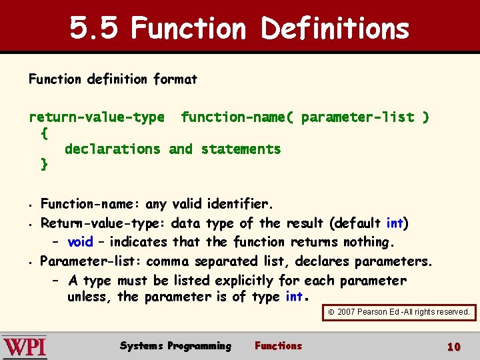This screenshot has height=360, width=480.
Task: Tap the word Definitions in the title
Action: (x=335, y=28)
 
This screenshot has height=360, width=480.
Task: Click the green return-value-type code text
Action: (x=96, y=117)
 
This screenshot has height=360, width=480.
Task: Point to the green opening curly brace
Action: (x=44, y=133)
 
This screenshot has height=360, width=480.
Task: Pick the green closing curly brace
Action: (x=44, y=163)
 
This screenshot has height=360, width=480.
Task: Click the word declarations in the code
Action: (x=112, y=149)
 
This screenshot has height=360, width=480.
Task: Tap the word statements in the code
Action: (x=241, y=149)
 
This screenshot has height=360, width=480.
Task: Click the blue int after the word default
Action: (x=395, y=223)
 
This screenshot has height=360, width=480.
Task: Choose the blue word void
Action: (x=80, y=242)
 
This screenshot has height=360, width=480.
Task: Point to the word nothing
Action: (x=369, y=242)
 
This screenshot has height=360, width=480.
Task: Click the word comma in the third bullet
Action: (x=168, y=261)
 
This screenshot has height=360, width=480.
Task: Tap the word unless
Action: (x=89, y=297)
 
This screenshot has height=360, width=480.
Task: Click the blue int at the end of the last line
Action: (x=294, y=297)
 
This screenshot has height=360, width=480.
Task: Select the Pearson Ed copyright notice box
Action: (x=399, y=312)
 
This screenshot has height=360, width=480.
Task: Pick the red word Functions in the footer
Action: (x=278, y=346)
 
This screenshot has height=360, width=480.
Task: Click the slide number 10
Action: (x=454, y=347)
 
